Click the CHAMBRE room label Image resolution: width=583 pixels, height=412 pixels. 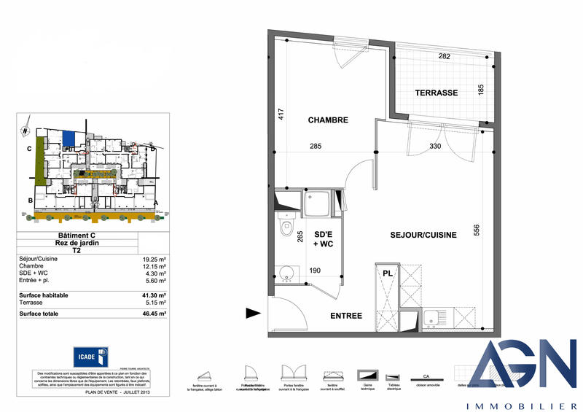coord(328,120)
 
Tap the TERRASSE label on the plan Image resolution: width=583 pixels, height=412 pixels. coord(436,93)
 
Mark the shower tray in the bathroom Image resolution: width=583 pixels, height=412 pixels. coord(318,205)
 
